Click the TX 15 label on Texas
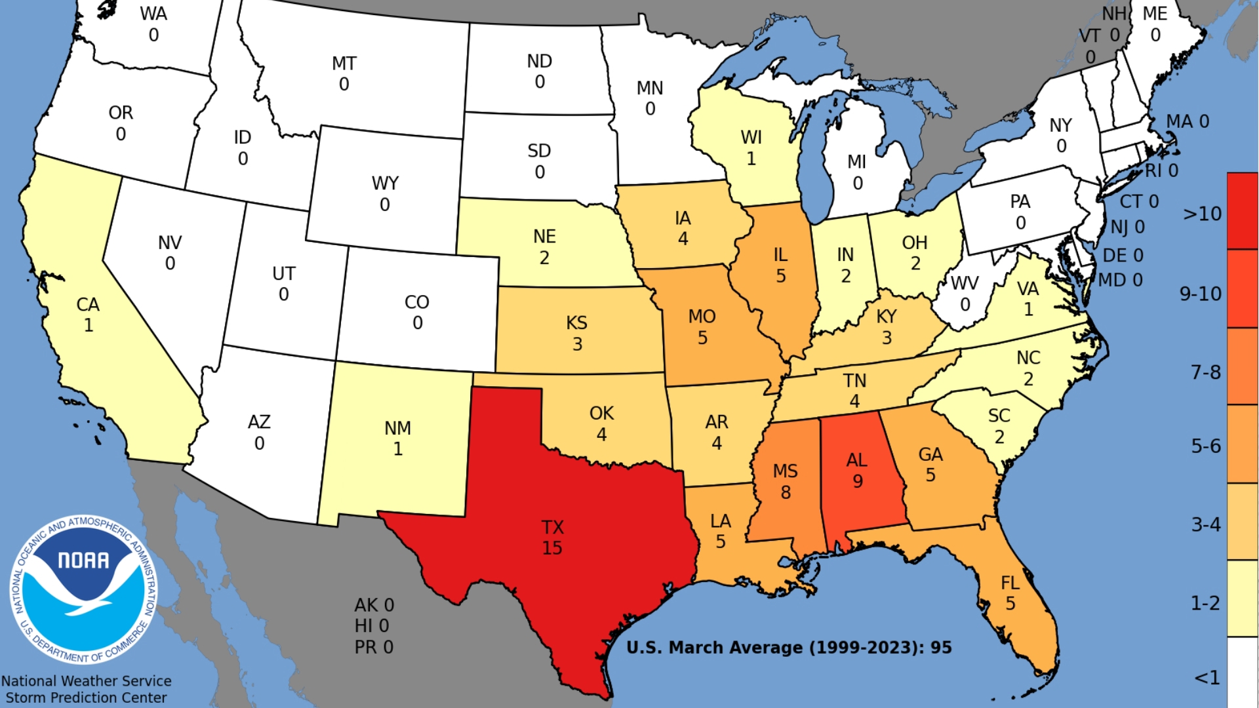click(552, 538)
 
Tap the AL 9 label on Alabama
click(857, 471)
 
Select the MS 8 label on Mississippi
click(785, 481)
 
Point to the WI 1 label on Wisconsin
click(751, 147)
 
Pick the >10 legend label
click(1202, 214)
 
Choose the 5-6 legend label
click(1205, 446)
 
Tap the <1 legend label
click(1207, 677)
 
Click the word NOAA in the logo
click(83, 560)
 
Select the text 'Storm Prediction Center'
click(86, 698)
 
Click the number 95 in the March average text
click(941, 648)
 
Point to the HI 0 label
click(372, 626)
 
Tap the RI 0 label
click(1161, 171)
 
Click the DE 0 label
click(1123, 255)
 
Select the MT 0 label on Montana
click(344, 73)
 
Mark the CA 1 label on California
click(88, 315)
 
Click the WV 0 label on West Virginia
click(964, 294)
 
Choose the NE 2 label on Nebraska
click(544, 246)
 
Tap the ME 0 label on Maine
click(1155, 24)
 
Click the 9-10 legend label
click(1200, 294)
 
